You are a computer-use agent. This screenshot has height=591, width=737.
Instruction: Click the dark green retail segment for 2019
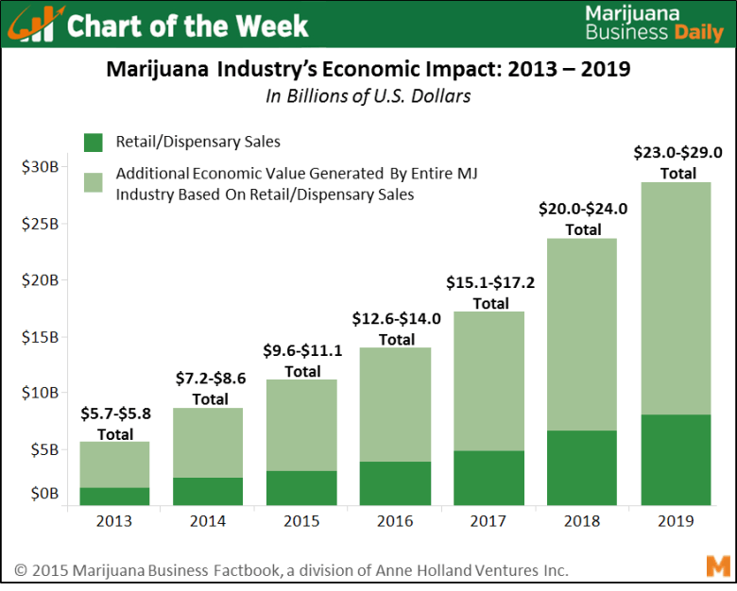click(x=676, y=460)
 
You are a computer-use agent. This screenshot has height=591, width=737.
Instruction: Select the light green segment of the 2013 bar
click(x=114, y=464)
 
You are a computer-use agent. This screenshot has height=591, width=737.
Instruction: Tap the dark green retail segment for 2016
click(x=395, y=483)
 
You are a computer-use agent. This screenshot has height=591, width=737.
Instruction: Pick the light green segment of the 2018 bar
click(x=583, y=334)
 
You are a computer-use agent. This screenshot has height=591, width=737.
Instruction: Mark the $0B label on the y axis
click(x=42, y=494)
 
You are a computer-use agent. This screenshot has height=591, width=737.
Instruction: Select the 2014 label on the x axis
click(x=208, y=520)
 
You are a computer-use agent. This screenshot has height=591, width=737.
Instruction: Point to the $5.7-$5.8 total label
click(x=115, y=413)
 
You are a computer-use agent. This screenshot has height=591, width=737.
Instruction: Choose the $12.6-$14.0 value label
click(x=397, y=319)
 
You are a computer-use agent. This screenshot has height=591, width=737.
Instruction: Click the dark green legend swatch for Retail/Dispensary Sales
click(x=93, y=143)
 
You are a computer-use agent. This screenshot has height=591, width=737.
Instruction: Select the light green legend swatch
click(x=93, y=182)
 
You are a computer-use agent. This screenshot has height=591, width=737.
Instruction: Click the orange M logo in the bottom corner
click(x=717, y=566)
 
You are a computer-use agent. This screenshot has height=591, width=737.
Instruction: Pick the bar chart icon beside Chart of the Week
click(x=36, y=26)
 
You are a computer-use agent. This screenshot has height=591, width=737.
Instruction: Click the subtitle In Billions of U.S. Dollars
click(x=368, y=95)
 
